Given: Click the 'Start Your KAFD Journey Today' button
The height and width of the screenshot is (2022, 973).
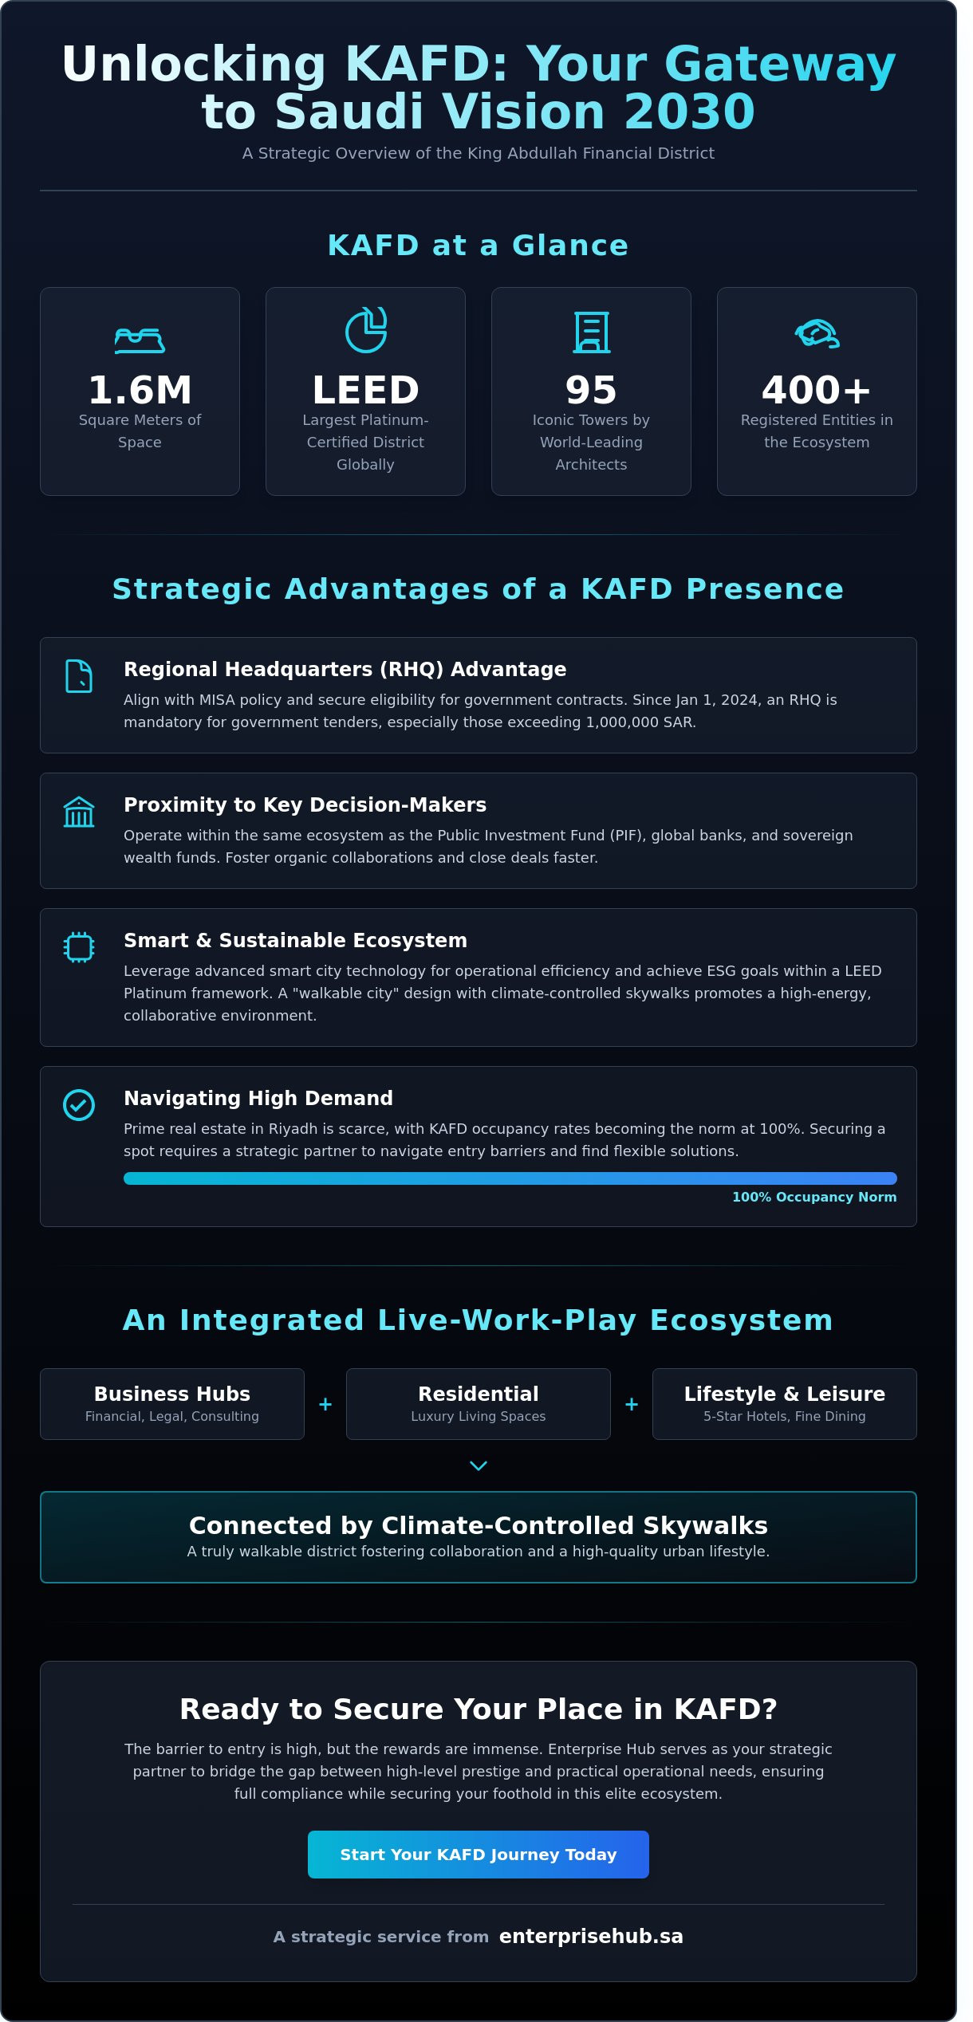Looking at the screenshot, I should click(x=478, y=1854).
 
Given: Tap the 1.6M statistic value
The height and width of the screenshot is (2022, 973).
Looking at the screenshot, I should click(x=140, y=390).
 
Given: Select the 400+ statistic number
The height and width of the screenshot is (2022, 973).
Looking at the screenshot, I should click(x=816, y=390).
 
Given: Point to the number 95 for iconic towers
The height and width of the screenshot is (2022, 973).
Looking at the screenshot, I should click(x=591, y=390).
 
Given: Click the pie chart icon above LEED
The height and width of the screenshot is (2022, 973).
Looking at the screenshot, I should click(x=365, y=330).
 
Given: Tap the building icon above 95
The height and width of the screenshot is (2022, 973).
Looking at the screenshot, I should click(x=591, y=332).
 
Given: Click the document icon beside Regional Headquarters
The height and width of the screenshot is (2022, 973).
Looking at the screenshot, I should click(x=78, y=676).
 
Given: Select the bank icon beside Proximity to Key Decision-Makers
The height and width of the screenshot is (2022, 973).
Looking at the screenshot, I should click(x=78, y=812).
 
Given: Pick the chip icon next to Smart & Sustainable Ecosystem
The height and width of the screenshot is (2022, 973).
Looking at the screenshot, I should click(x=78, y=947).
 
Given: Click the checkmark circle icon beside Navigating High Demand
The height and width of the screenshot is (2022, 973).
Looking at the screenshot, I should click(x=78, y=1105).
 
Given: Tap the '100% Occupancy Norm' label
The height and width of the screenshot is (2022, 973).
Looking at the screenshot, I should click(x=813, y=1197).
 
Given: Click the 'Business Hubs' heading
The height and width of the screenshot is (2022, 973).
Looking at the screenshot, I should click(x=171, y=1394).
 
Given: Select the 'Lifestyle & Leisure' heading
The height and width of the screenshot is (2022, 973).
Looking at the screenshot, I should click(x=784, y=1394).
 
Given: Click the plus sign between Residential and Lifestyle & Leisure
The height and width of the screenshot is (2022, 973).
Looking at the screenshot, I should click(x=631, y=1404).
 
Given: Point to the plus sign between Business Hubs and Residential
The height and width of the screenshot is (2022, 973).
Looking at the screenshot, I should click(x=325, y=1404).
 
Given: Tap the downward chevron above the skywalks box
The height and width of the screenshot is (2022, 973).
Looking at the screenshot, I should click(x=478, y=1465).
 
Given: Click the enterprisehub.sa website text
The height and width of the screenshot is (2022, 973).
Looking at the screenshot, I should click(x=591, y=1936).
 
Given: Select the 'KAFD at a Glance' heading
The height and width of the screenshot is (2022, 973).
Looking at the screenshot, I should click(x=478, y=246).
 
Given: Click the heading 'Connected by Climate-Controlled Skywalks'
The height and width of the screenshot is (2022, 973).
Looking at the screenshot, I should click(x=478, y=1525).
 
